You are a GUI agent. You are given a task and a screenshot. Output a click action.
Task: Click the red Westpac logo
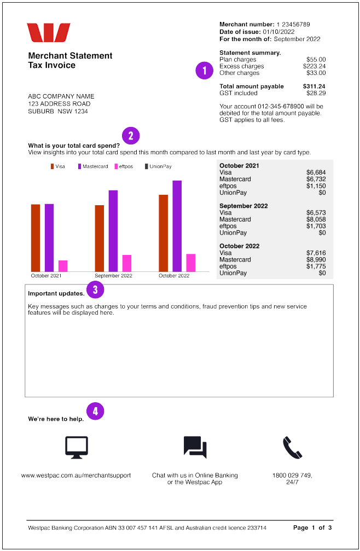pos(49,32)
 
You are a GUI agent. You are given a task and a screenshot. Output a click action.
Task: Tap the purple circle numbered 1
pos(204,71)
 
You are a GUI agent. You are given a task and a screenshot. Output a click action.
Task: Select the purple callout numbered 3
pos(95,289)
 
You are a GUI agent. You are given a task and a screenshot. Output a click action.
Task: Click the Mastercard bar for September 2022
pos(113,230)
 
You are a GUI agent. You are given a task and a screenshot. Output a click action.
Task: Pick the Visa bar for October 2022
pos(163,233)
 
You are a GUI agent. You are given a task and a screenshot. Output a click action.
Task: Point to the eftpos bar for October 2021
pos(63,265)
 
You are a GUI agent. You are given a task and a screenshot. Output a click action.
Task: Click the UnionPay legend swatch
pos(147,166)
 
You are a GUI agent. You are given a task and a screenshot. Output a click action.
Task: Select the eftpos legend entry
pos(123,166)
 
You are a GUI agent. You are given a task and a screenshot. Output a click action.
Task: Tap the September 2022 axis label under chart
pos(113,276)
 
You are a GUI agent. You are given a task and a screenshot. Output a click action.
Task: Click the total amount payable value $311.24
pos(314,86)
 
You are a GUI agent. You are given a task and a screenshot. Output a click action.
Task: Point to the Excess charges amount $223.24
pos(314,66)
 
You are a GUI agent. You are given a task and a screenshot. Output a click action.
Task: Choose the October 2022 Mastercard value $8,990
pos(316,260)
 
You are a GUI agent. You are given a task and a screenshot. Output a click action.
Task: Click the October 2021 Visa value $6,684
pos(316,172)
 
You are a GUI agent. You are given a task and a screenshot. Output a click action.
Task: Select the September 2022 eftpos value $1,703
pos(316,226)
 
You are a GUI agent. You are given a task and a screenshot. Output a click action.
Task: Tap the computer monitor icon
pos(76,448)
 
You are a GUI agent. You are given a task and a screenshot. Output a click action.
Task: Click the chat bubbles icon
pos(195,447)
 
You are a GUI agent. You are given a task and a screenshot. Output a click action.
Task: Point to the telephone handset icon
pos(292,448)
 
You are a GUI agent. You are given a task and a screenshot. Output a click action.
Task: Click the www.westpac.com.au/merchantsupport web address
pos(76,475)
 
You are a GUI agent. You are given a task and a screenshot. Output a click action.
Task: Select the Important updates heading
pos(56,294)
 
